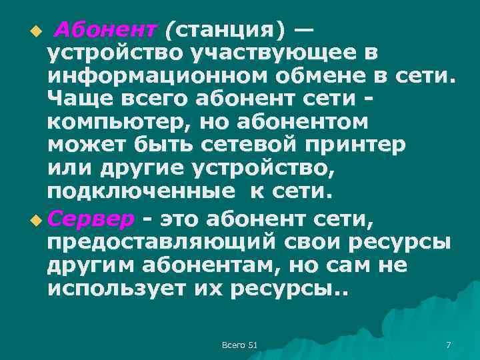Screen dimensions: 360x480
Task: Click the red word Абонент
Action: [105, 29]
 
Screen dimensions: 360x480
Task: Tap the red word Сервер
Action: [91, 219]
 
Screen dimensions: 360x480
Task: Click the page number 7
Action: [447, 344]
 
